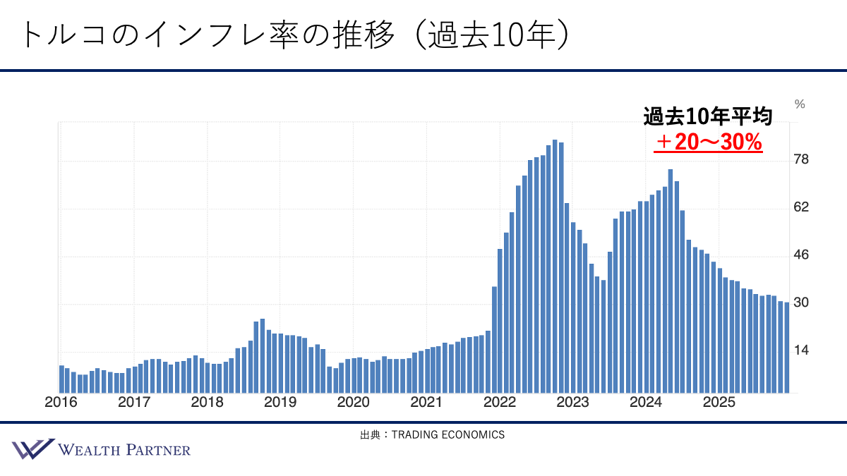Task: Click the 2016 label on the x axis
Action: [x=61, y=403]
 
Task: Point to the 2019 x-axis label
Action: [x=280, y=403]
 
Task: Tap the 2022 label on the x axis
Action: [x=500, y=403]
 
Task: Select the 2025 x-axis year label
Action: [x=719, y=403]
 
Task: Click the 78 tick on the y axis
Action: [x=801, y=159]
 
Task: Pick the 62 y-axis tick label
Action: [x=801, y=207]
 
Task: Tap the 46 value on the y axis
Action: [x=801, y=255]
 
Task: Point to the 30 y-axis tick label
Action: [x=801, y=303]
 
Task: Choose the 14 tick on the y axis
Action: [x=801, y=350]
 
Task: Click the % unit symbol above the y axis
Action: [x=800, y=104]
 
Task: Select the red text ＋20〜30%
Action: [x=708, y=142]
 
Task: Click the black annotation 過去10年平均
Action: [x=707, y=117]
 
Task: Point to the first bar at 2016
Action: [x=61, y=379]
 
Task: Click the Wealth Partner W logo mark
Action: [x=32, y=449]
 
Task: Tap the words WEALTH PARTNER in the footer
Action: [x=124, y=450]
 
